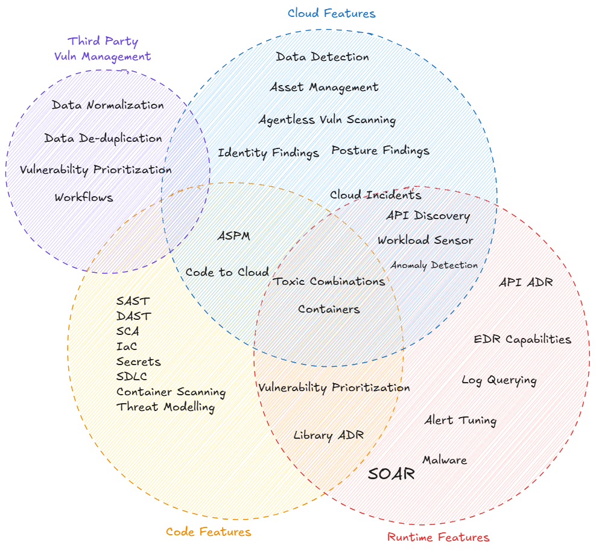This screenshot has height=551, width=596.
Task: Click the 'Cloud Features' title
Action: tap(331, 13)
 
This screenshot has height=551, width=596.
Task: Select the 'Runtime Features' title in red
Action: tap(438, 537)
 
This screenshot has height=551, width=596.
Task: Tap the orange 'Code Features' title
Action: tap(208, 532)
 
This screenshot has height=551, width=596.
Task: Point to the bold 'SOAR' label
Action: tap(392, 474)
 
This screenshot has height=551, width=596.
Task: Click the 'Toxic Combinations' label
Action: tap(329, 281)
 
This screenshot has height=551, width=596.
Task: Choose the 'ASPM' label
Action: tap(233, 236)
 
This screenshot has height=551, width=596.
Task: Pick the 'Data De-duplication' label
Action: tap(103, 138)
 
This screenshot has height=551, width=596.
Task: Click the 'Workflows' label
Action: tap(84, 197)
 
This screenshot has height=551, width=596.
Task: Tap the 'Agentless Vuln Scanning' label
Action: tap(327, 119)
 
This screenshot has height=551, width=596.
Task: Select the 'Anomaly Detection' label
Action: tap(434, 265)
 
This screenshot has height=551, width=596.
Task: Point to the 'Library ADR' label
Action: tap(329, 435)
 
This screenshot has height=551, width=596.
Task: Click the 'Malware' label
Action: tap(445, 460)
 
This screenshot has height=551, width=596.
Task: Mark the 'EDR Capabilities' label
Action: tap(522, 339)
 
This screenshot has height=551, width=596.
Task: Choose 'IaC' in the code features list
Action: tap(127, 346)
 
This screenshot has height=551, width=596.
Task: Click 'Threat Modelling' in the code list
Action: tap(165, 407)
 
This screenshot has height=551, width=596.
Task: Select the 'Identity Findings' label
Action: tap(268, 153)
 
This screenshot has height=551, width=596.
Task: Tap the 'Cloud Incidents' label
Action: tap(375, 195)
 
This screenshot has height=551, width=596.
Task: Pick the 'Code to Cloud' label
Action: tap(227, 272)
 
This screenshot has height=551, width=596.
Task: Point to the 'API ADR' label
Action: tap(525, 282)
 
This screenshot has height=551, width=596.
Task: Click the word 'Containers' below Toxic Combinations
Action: tap(329, 309)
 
